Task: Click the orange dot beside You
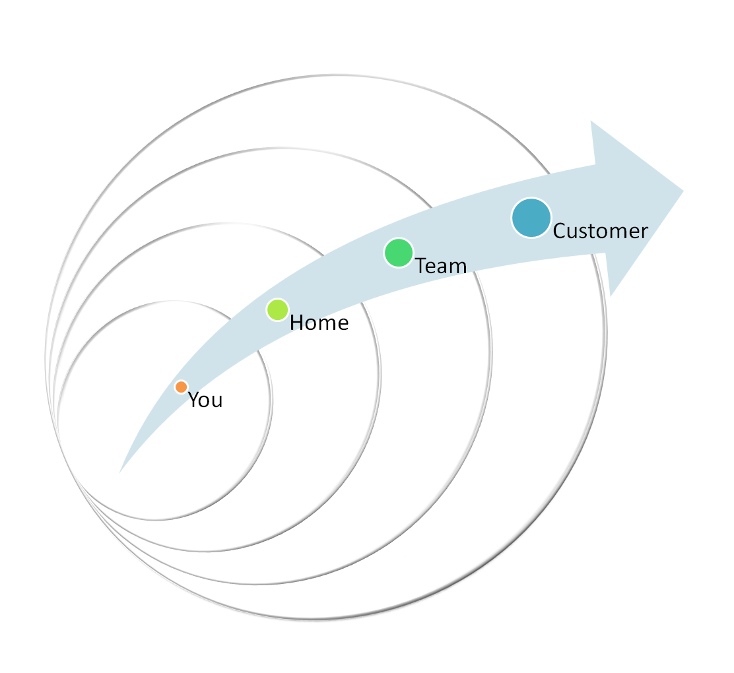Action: (x=182, y=387)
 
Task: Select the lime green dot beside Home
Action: (x=278, y=309)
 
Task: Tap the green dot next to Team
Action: (x=399, y=253)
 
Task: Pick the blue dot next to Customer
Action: (x=531, y=218)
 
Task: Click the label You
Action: (x=205, y=401)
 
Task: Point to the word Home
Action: (x=319, y=323)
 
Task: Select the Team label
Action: (x=441, y=266)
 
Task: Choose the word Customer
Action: (x=601, y=231)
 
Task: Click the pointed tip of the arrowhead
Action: (x=683, y=191)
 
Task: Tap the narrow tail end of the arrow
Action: (x=120, y=472)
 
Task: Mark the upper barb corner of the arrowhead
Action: (x=591, y=121)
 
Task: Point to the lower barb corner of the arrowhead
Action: (x=611, y=296)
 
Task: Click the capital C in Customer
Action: (x=560, y=231)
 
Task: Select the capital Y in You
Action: (x=194, y=400)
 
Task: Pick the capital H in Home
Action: (x=297, y=323)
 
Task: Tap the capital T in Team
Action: (x=422, y=266)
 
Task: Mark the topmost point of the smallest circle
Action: (x=164, y=302)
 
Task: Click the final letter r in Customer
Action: (x=644, y=232)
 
